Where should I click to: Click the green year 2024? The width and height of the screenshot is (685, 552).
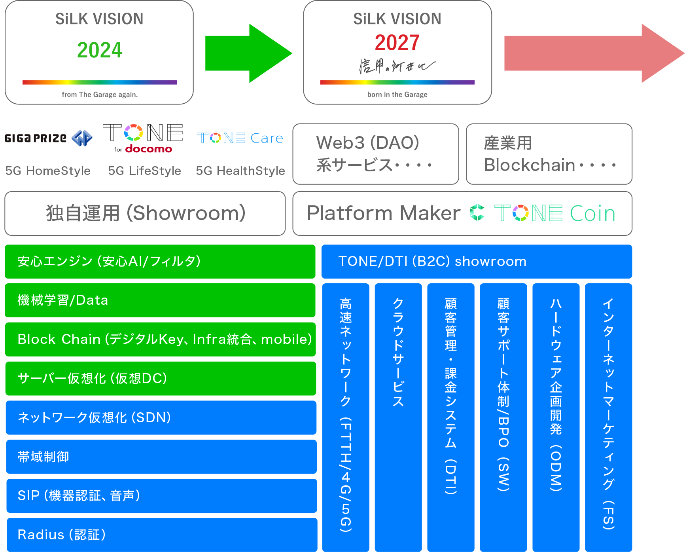tap(99, 50)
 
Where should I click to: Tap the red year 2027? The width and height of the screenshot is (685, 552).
tap(397, 43)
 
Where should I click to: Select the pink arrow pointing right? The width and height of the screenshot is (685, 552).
tap(593, 53)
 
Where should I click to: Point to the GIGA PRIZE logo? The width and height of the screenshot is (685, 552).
tap(48, 138)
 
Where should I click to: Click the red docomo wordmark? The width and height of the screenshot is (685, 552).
tap(149, 149)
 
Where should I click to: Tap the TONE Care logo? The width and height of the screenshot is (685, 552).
tap(240, 138)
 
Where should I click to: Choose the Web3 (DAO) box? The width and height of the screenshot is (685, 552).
tap(375, 154)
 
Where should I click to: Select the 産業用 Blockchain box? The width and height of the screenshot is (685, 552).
tap(549, 154)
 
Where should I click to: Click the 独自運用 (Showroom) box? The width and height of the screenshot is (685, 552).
tap(145, 213)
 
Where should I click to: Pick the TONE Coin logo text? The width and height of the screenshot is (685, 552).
tap(554, 213)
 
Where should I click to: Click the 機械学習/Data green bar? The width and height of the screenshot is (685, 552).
tap(160, 300)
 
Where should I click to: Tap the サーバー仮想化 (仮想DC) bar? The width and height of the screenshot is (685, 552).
tap(161, 378)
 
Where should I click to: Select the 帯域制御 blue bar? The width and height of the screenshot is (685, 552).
tap(161, 457)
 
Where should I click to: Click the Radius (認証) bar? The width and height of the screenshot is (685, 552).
tap(162, 535)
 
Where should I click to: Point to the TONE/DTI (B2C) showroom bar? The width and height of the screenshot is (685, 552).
tap(476, 262)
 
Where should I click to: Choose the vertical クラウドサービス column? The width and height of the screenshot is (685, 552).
tap(398, 417)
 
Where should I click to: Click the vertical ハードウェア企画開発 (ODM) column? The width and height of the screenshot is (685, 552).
tap(556, 417)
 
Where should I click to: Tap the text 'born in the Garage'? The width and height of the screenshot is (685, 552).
tap(397, 95)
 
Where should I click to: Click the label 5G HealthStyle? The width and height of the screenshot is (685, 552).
tap(240, 171)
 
